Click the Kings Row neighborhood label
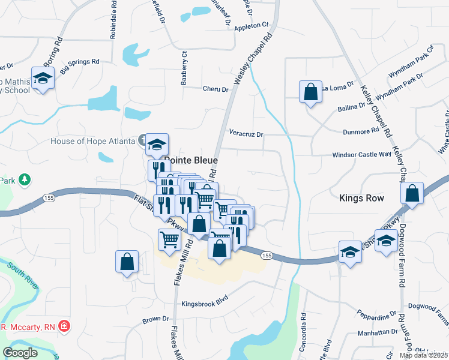click(361, 197)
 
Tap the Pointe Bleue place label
click(191, 161)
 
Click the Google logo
click(20, 352)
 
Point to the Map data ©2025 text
click(424, 355)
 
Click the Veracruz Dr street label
click(246, 134)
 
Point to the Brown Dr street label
click(155, 319)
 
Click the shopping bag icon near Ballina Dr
click(311, 93)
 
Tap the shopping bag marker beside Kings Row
click(412, 194)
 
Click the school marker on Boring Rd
click(43, 79)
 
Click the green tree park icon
click(25, 179)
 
